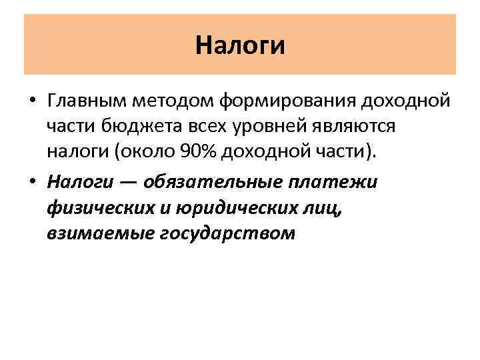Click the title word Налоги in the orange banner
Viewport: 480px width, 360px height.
click(241, 45)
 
